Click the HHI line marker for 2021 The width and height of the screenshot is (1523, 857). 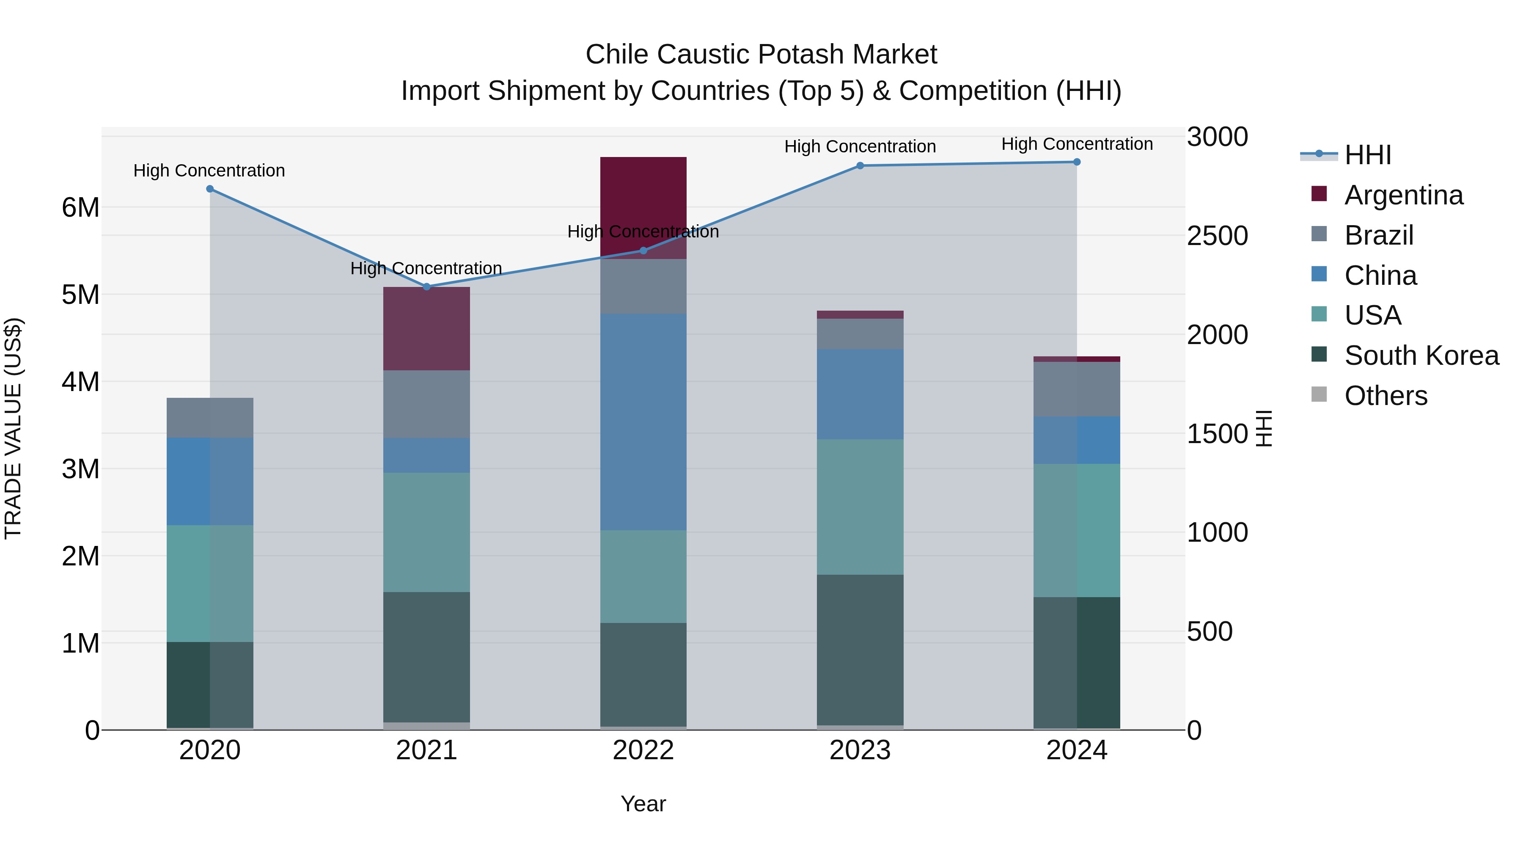tap(426, 287)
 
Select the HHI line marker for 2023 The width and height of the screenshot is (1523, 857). tap(860, 165)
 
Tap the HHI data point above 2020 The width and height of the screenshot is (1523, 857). tap(210, 189)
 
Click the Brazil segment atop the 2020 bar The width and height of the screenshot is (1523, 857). tap(210, 418)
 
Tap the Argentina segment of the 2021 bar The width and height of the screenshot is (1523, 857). tap(426, 329)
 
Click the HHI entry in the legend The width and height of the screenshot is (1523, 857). tap(1367, 155)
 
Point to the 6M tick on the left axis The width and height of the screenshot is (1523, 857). tap(80, 208)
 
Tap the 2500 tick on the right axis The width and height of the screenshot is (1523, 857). tap(1217, 236)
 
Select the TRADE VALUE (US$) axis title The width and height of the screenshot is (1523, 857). tap(14, 428)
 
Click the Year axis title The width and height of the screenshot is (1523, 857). tap(643, 804)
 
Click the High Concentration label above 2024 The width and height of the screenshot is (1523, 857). tap(1077, 144)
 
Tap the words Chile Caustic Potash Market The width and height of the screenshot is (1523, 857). tap(761, 55)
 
